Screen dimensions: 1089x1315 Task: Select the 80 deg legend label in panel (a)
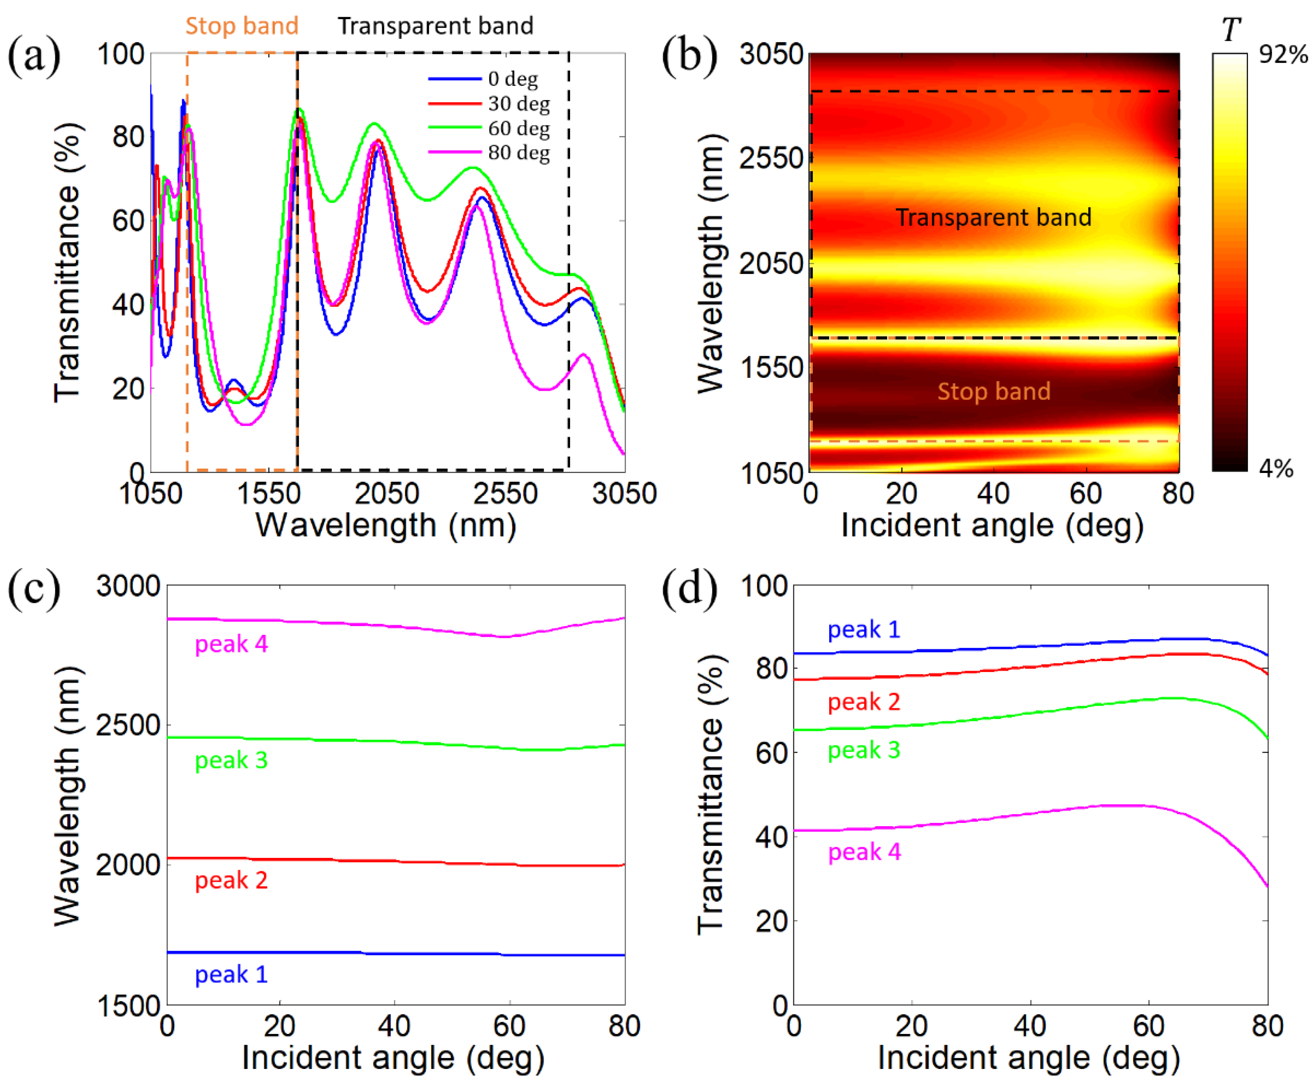click(x=518, y=152)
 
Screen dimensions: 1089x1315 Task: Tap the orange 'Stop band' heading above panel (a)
click(x=242, y=26)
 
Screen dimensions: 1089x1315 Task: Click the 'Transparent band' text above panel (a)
click(x=435, y=26)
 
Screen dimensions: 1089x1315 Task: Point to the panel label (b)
click(x=689, y=56)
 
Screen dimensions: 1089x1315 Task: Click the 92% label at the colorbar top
click(x=1283, y=55)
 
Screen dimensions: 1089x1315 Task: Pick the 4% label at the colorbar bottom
click(x=1276, y=468)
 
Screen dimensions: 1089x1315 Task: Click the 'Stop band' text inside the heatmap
click(x=994, y=391)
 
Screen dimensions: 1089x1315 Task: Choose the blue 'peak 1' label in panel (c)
click(x=231, y=974)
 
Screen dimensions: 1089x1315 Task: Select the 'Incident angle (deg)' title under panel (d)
click(x=1029, y=1058)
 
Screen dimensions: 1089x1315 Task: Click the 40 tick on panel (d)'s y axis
click(x=771, y=837)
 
